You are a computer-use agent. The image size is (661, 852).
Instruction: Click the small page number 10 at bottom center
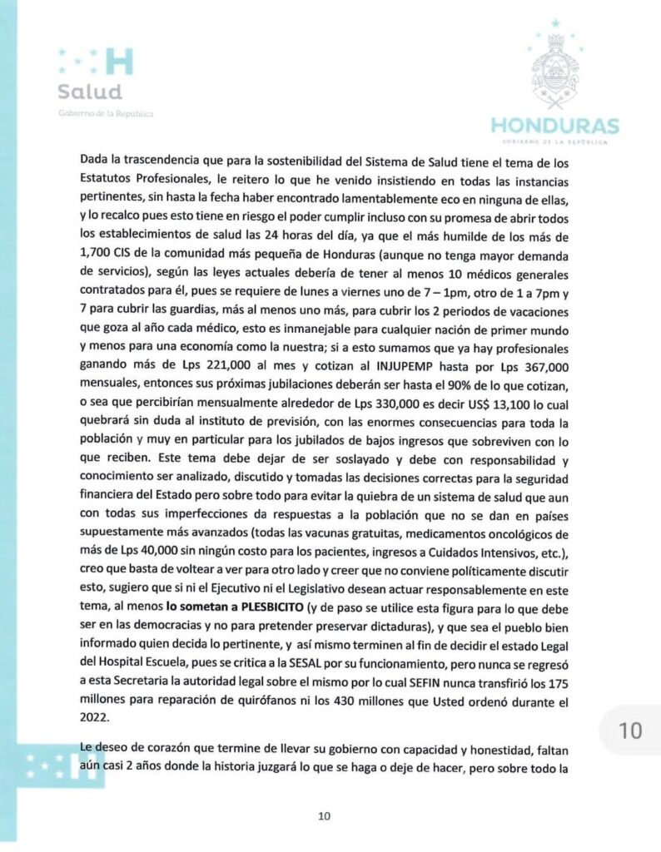point(326,817)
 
